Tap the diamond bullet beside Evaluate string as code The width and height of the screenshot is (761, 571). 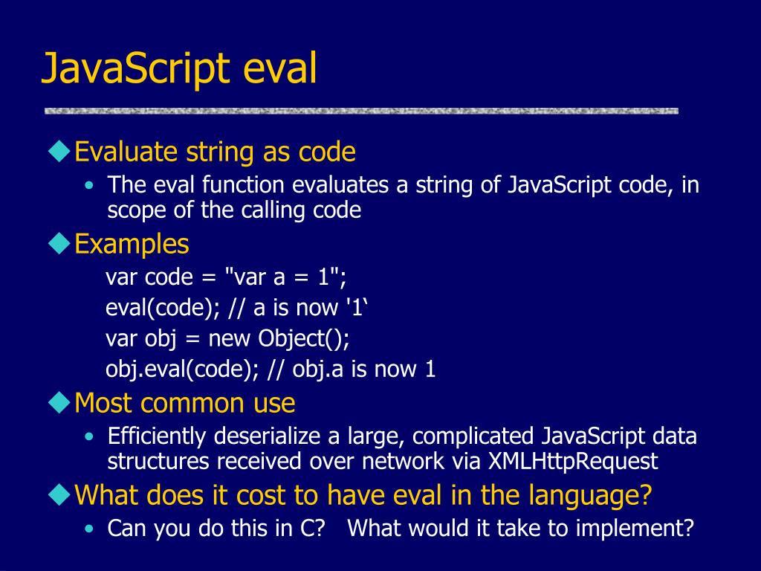[x=59, y=152]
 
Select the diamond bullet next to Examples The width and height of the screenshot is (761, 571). [x=59, y=242]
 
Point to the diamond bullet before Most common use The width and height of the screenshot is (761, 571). [x=59, y=402]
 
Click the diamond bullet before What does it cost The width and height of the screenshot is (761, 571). [x=59, y=493]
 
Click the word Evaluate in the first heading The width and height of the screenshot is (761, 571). [x=127, y=152]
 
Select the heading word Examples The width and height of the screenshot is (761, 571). [x=132, y=244]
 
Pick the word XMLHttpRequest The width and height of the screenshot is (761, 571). [x=573, y=462]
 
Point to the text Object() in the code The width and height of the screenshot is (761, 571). [x=304, y=338]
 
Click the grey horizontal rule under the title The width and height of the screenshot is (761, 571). [x=361, y=111]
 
